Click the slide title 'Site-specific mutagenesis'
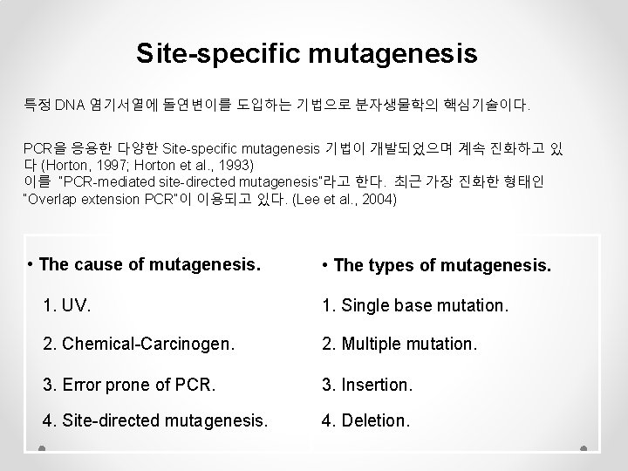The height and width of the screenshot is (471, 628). [307, 54]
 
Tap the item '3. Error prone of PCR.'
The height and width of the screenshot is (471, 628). [122, 383]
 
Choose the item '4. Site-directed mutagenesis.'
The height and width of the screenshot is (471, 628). [155, 421]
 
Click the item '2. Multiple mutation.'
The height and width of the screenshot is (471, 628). [399, 344]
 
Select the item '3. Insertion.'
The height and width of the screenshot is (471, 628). [365, 383]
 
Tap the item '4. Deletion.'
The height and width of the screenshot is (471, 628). [365, 421]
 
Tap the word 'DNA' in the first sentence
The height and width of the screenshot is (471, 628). [68, 106]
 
